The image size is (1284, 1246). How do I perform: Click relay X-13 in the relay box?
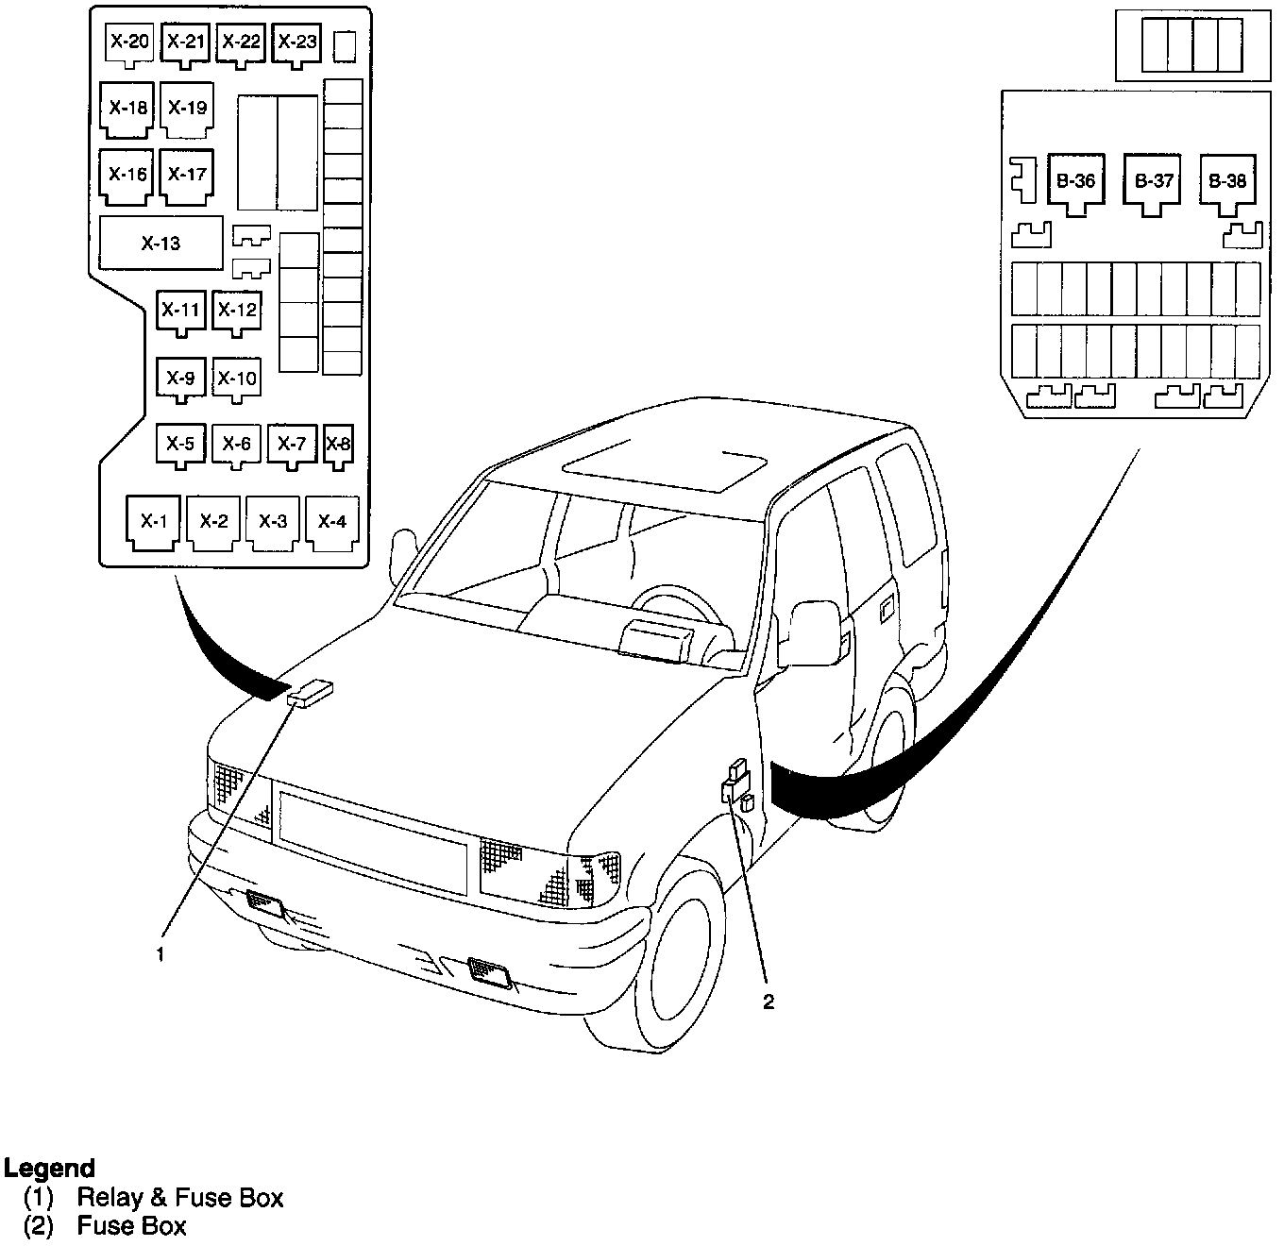click(161, 243)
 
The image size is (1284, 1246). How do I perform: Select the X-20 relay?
click(129, 45)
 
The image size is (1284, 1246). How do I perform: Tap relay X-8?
click(339, 446)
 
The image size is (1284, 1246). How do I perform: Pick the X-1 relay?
click(152, 522)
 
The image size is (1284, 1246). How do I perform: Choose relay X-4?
click(332, 522)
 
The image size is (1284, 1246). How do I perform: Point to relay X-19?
click(187, 109)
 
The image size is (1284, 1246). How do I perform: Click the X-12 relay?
click(237, 312)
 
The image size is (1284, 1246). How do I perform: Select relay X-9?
click(180, 379)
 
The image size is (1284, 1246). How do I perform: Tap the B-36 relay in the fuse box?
click(1076, 185)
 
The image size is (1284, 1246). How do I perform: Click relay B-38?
click(1227, 185)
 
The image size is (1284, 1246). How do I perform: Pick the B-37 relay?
click(1152, 185)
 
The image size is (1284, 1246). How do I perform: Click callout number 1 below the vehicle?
click(160, 954)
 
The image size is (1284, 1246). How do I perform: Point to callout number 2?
click(768, 1002)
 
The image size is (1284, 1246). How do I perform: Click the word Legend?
click(49, 1169)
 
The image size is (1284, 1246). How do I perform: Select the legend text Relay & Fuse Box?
click(180, 1197)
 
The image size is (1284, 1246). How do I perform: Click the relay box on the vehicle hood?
click(310, 694)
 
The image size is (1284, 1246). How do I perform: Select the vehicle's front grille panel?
click(373, 842)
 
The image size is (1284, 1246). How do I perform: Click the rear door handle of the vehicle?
click(887, 609)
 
